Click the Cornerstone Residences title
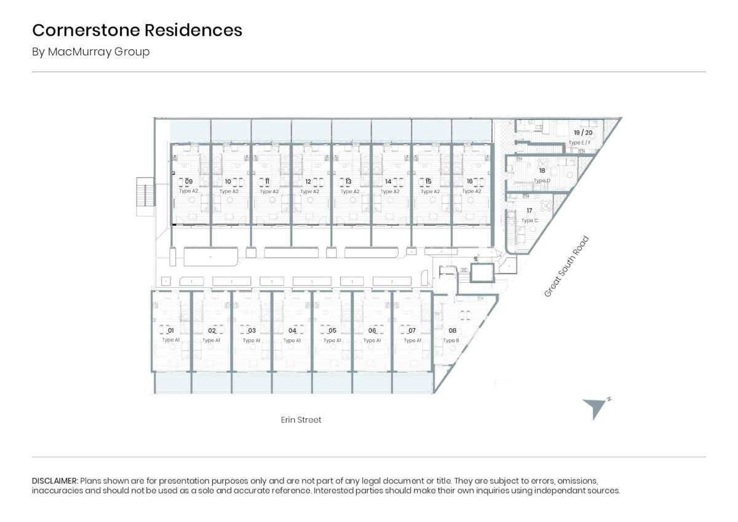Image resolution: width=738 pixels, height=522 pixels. (x=137, y=30)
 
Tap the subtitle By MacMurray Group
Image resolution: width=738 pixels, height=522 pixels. (x=91, y=52)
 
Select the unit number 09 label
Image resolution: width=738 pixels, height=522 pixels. (x=189, y=181)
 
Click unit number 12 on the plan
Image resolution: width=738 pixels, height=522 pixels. (x=308, y=181)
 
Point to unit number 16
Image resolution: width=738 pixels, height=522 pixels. (x=470, y=181)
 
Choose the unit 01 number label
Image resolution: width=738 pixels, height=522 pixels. (x=171, y=331)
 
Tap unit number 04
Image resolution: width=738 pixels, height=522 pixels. (x=292, y=331)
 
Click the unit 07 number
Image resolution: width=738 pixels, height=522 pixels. (x=412, y=331)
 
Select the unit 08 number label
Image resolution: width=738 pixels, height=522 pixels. (x=452, y=331)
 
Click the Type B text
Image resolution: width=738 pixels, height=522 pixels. (x=451, y=340)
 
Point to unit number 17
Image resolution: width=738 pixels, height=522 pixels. (x=529, y=211)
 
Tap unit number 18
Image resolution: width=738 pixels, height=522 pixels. (x=542, y=171)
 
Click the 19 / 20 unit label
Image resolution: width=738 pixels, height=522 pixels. (x=583, y=133)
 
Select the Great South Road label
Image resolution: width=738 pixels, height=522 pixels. (x=566, y=267)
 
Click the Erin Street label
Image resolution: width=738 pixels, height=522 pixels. (x=301, y=420)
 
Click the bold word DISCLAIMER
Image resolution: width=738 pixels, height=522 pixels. (x=55, y=480)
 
